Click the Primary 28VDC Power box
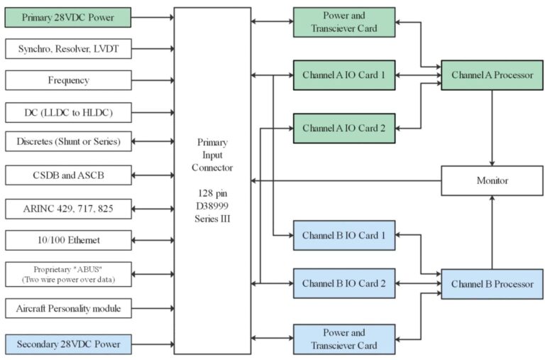point(68,17)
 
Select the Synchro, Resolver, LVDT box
point(68,49)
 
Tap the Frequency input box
point(68,80)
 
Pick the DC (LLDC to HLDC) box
point(68,112)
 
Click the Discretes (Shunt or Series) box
point(68,141)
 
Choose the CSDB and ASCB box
point(68,175)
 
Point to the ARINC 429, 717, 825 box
point(68,209)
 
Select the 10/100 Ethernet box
point(68,240)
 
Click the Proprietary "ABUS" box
point(68,274)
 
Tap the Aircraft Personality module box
point(68,308)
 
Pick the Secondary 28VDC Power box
point(68,344)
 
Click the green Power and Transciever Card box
point(344,22)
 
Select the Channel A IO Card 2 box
point(344,128)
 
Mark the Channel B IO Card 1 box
point(344,235)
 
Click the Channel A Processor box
point(492,75)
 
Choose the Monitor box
point(492,180)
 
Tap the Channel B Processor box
point(492,284)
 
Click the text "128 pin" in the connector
point(212,193)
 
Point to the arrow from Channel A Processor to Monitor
point(492,128)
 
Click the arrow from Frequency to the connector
point(153,80)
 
